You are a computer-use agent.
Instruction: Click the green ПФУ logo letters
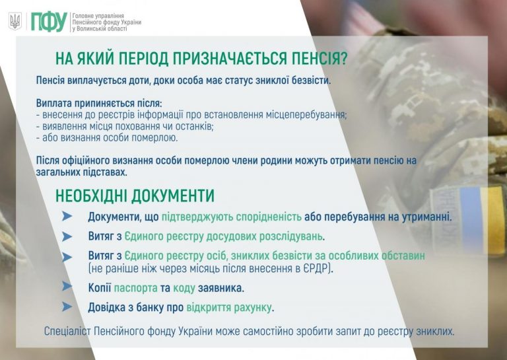[49, 22]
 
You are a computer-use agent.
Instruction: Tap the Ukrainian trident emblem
[15, 21]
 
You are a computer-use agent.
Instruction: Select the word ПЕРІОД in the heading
[143, 59]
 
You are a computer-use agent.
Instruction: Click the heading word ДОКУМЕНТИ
[174, 196]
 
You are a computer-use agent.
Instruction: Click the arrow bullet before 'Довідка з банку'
[67, 306]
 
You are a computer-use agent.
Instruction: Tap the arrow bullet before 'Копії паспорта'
[67, 286]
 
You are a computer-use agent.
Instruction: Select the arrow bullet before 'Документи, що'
[67, 216]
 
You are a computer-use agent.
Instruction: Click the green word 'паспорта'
[135, 288]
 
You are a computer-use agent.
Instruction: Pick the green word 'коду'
[184, 288]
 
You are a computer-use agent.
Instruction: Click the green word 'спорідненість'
[269, 217]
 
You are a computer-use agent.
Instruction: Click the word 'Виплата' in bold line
[54, 103]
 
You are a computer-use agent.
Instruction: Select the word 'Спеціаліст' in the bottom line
[68, 332]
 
